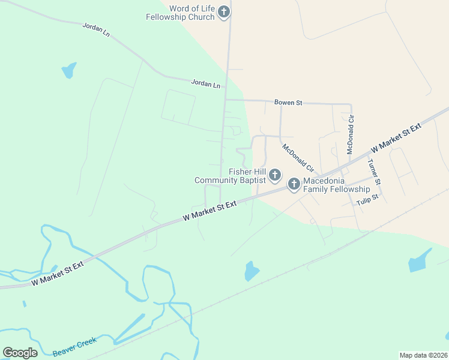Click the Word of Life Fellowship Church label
(180, 13)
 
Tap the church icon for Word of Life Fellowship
(224, 12)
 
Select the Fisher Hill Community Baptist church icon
(274, 175)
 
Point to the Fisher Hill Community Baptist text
(230, 176)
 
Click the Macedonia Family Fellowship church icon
(294, 184)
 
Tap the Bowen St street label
(288, 103)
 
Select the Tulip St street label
(367, 199)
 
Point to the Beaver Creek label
(75, 347)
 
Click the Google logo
(20, 353)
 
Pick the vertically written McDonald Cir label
(351, 135)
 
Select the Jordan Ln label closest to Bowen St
(206, 85)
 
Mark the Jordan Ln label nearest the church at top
(97, 29)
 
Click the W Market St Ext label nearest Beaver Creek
(57, 272)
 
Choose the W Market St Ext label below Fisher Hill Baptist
(209, 211)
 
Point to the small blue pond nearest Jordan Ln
(69, 70)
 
